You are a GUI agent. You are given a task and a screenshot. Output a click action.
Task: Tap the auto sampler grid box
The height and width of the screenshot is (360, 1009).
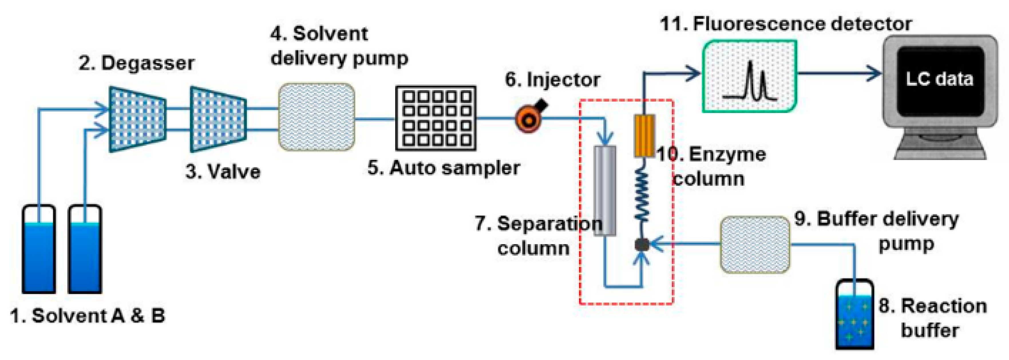[x=436, y=118]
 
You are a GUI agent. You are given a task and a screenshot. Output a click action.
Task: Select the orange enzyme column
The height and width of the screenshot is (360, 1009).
[x=644, y=136]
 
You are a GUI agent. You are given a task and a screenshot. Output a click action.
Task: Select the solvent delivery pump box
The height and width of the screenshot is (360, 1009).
[x=316, y=116]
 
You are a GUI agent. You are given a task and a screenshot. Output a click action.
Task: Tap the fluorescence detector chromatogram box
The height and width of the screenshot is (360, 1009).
[x=749, y=76]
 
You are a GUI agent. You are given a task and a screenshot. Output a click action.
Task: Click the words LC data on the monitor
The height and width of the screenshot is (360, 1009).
[x=939, y=80]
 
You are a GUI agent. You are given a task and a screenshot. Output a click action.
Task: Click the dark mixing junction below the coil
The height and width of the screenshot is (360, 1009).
[x=641, y=244]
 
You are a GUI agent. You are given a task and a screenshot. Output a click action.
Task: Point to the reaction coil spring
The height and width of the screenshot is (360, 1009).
[x=642, y=194]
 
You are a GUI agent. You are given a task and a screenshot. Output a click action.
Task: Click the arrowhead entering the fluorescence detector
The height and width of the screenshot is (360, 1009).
[x=694, y=73]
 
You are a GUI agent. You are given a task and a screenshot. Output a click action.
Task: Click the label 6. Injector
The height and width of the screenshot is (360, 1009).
[x=552, y=80]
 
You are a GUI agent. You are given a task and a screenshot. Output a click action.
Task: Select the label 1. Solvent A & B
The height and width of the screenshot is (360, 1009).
[x=87, y=316]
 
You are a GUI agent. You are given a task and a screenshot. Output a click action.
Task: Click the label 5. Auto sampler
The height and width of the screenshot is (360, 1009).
[x=443, y=168]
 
